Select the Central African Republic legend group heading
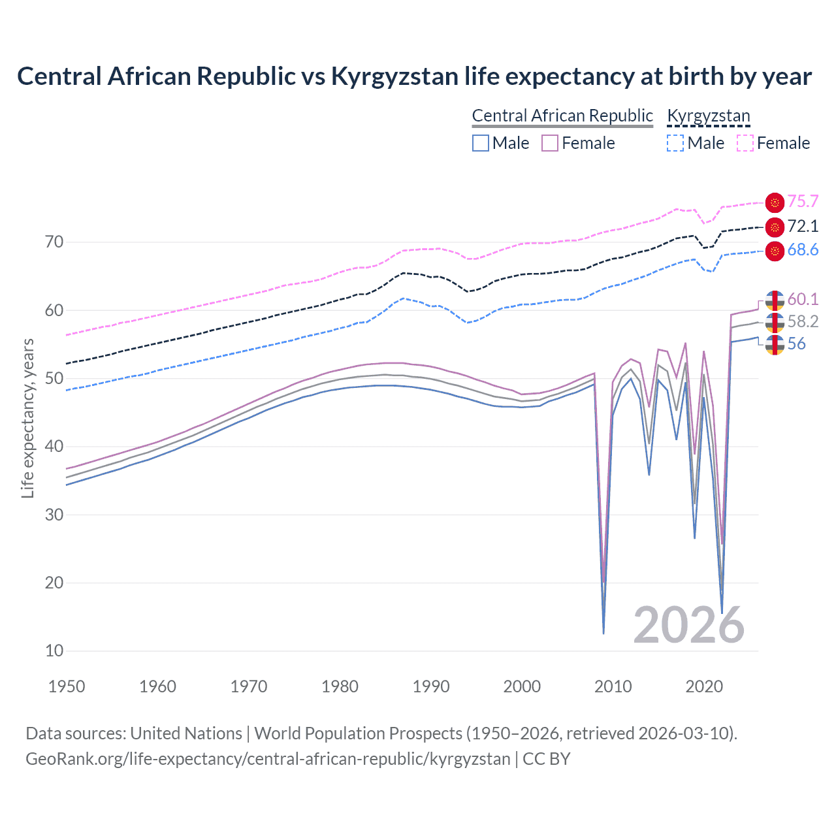click(x=562, y=116)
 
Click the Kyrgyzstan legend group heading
click(x=708, y=116)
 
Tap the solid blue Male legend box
click(x=481, y=143)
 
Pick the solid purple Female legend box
click(x=550, y=143)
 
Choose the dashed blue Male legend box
click(x=675, y=143)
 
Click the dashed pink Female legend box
click(x=745, y=143)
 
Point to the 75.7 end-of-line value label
click(x=803, y=202)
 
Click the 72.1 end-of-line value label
click(x=803, y=227)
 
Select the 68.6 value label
click(x=803, y=250)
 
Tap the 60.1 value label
click(x=803, y=299)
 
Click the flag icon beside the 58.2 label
click(x=775, y=322)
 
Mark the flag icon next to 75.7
click(x=775, y=202)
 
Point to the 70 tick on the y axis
click(x=54, y=242)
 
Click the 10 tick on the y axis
click(x=54, y=651)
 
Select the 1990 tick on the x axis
click(x=431, y=686)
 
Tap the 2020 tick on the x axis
click(x=704, y=686)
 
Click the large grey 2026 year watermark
click(x=688, y=625)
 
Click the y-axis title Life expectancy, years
click(x=27, y=418)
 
